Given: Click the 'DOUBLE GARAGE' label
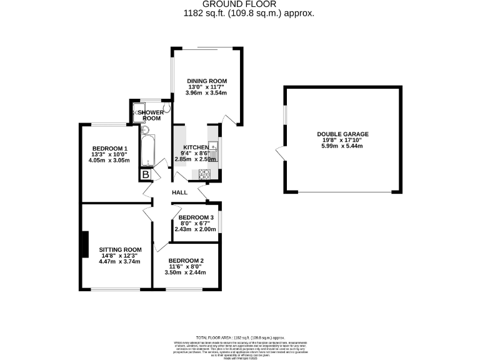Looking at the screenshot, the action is pyautogui.click(x=342, y=134).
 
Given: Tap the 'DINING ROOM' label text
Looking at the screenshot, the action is pyautogui.click(x=206, y=81).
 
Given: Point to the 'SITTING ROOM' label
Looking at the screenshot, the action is pyautogui.click(x=121, y=249).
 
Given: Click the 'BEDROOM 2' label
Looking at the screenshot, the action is pyautogui.click(x=186, y=261).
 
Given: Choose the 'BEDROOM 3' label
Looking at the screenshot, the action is pyautogui.click(x=196, y=217).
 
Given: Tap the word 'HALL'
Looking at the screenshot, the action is pyautogui.click(x=180, y=192).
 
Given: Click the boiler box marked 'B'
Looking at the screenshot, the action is pyautogui.click(x=146, y=175).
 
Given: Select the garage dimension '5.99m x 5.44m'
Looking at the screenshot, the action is pyautogui.click(x=342, y=146).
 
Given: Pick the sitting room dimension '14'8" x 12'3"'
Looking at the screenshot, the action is pyautogui.click(x=121, y=256).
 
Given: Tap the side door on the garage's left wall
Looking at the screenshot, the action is pyautogui.click(x=281, y=151).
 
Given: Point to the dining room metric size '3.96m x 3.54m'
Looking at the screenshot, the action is pyautogui.click(x=206, y=93).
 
